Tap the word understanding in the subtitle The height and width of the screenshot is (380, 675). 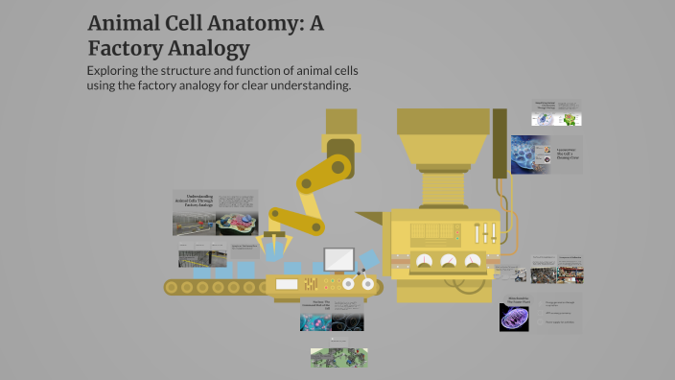pyautogui.click(x=306, y=86)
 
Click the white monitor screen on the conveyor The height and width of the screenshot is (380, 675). pyautogui.click(x=338, y=259)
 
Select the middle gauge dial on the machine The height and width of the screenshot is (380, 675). pyautogui.click(x=447, y=261)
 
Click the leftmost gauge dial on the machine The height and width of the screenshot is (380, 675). pyautogui.click(x=422, y=261)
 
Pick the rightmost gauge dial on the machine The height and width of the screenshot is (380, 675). pyautogui.click(x=472, y=261)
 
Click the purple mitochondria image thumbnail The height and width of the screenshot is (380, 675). pyautogui.click(x=514, y=317)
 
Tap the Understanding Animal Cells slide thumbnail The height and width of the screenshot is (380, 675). pyautogui.click(x=216, y=212)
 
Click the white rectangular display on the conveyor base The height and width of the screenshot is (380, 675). pyautogui.click(x=287, y=284)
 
